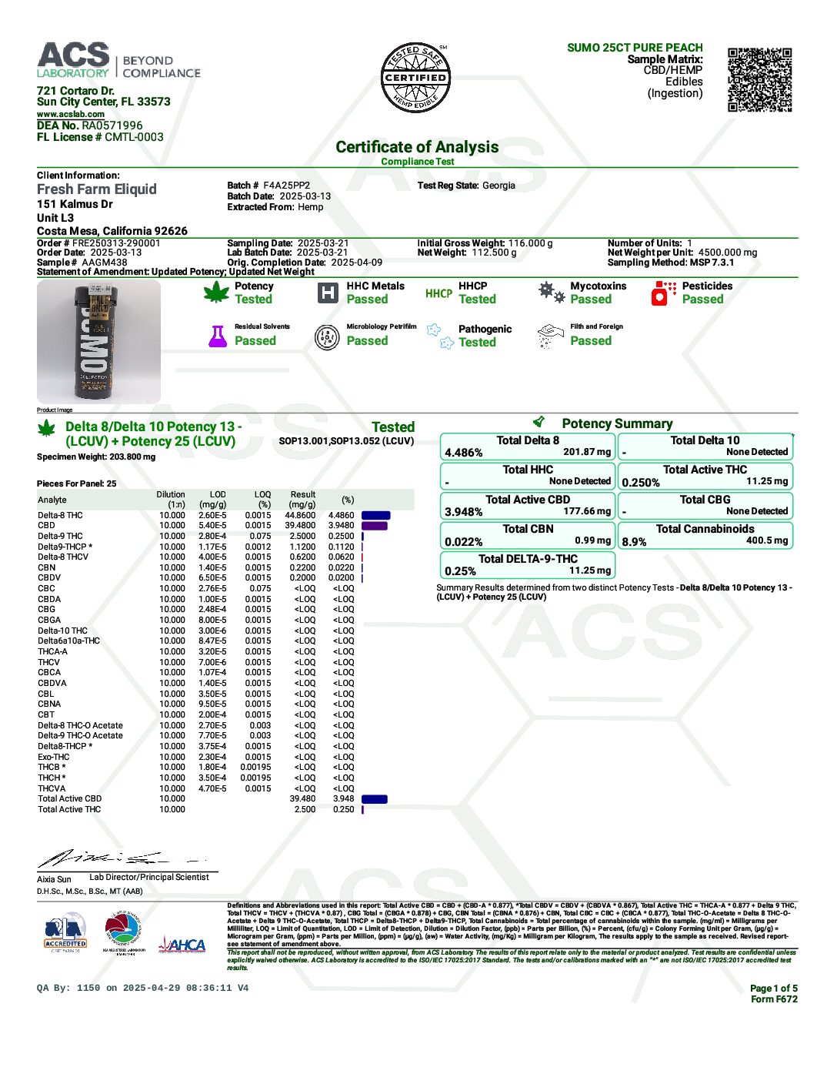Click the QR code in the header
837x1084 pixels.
click(759, 79)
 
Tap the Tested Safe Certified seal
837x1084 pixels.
click(415, 78)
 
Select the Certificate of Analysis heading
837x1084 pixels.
click(417, 147)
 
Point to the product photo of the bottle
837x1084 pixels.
click(98, 341)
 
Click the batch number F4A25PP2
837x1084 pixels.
click(286, 186)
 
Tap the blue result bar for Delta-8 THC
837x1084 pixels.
click(375, 516)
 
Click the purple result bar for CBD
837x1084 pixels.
click(375, 526)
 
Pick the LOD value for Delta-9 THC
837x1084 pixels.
click(212, 537)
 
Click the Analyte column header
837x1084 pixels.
click(52, 500)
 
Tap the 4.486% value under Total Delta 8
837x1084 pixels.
click(464, 453)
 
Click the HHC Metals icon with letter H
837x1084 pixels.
click(328, 293)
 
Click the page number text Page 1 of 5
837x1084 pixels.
click(773, 989)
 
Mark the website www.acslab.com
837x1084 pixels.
click(71, 114)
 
